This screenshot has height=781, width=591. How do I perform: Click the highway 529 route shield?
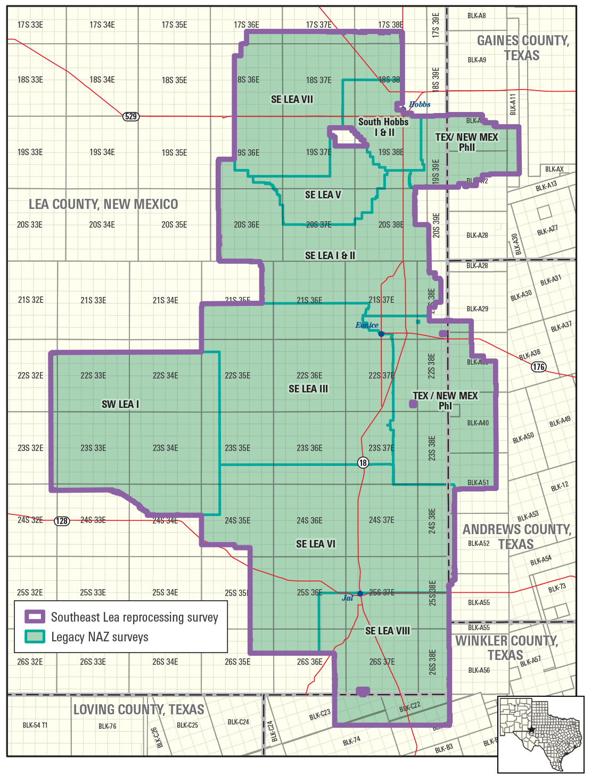point(131,116)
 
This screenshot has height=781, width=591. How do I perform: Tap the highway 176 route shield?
point(539,367)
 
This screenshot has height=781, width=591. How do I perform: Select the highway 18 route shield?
point(363,463)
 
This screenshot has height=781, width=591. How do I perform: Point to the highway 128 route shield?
point(62,521)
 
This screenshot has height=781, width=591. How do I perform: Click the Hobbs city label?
point(420,104)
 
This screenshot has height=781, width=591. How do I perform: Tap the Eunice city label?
point(367,325)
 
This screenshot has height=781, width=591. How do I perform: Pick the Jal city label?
point(347,598)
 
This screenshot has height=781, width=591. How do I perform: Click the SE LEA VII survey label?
point(292,100)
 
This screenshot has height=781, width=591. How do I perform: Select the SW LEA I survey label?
point(120,405)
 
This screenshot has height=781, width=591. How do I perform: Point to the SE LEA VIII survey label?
point(388,631)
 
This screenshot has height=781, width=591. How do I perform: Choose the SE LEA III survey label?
point(308,389)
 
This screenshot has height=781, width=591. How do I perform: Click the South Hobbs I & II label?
point(383,127)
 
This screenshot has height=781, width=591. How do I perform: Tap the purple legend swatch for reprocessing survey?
point(35,617)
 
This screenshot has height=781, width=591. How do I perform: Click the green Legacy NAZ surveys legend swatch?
point(35,637)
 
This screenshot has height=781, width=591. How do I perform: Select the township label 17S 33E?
point(30,25)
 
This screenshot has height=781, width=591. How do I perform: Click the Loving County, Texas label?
point(138,710)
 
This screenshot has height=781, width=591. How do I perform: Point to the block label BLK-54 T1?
point(35,725)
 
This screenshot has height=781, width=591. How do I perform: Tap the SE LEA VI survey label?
point(316,544)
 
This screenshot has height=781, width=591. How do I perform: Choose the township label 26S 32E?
point(30,662)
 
